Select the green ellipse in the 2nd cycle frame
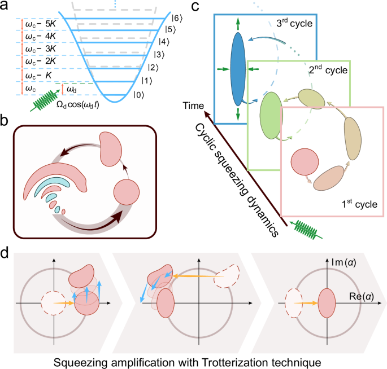tap(271, 115)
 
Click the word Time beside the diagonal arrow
tap(195, 106)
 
